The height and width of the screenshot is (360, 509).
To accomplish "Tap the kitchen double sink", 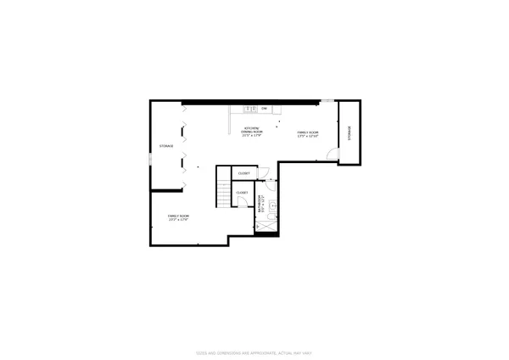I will point(250,109).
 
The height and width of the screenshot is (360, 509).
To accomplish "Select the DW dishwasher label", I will point(264,109).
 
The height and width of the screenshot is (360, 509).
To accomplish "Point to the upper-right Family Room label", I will point(307,134).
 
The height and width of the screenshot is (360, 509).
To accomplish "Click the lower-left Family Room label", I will point(178,218).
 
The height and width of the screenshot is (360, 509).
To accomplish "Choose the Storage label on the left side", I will point(166,146).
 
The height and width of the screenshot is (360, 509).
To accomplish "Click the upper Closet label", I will point(243,173).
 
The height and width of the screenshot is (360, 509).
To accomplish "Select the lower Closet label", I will point(242,193).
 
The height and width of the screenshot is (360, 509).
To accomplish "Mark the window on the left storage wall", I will point(149,159).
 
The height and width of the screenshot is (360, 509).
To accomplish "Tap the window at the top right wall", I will point(327,102).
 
